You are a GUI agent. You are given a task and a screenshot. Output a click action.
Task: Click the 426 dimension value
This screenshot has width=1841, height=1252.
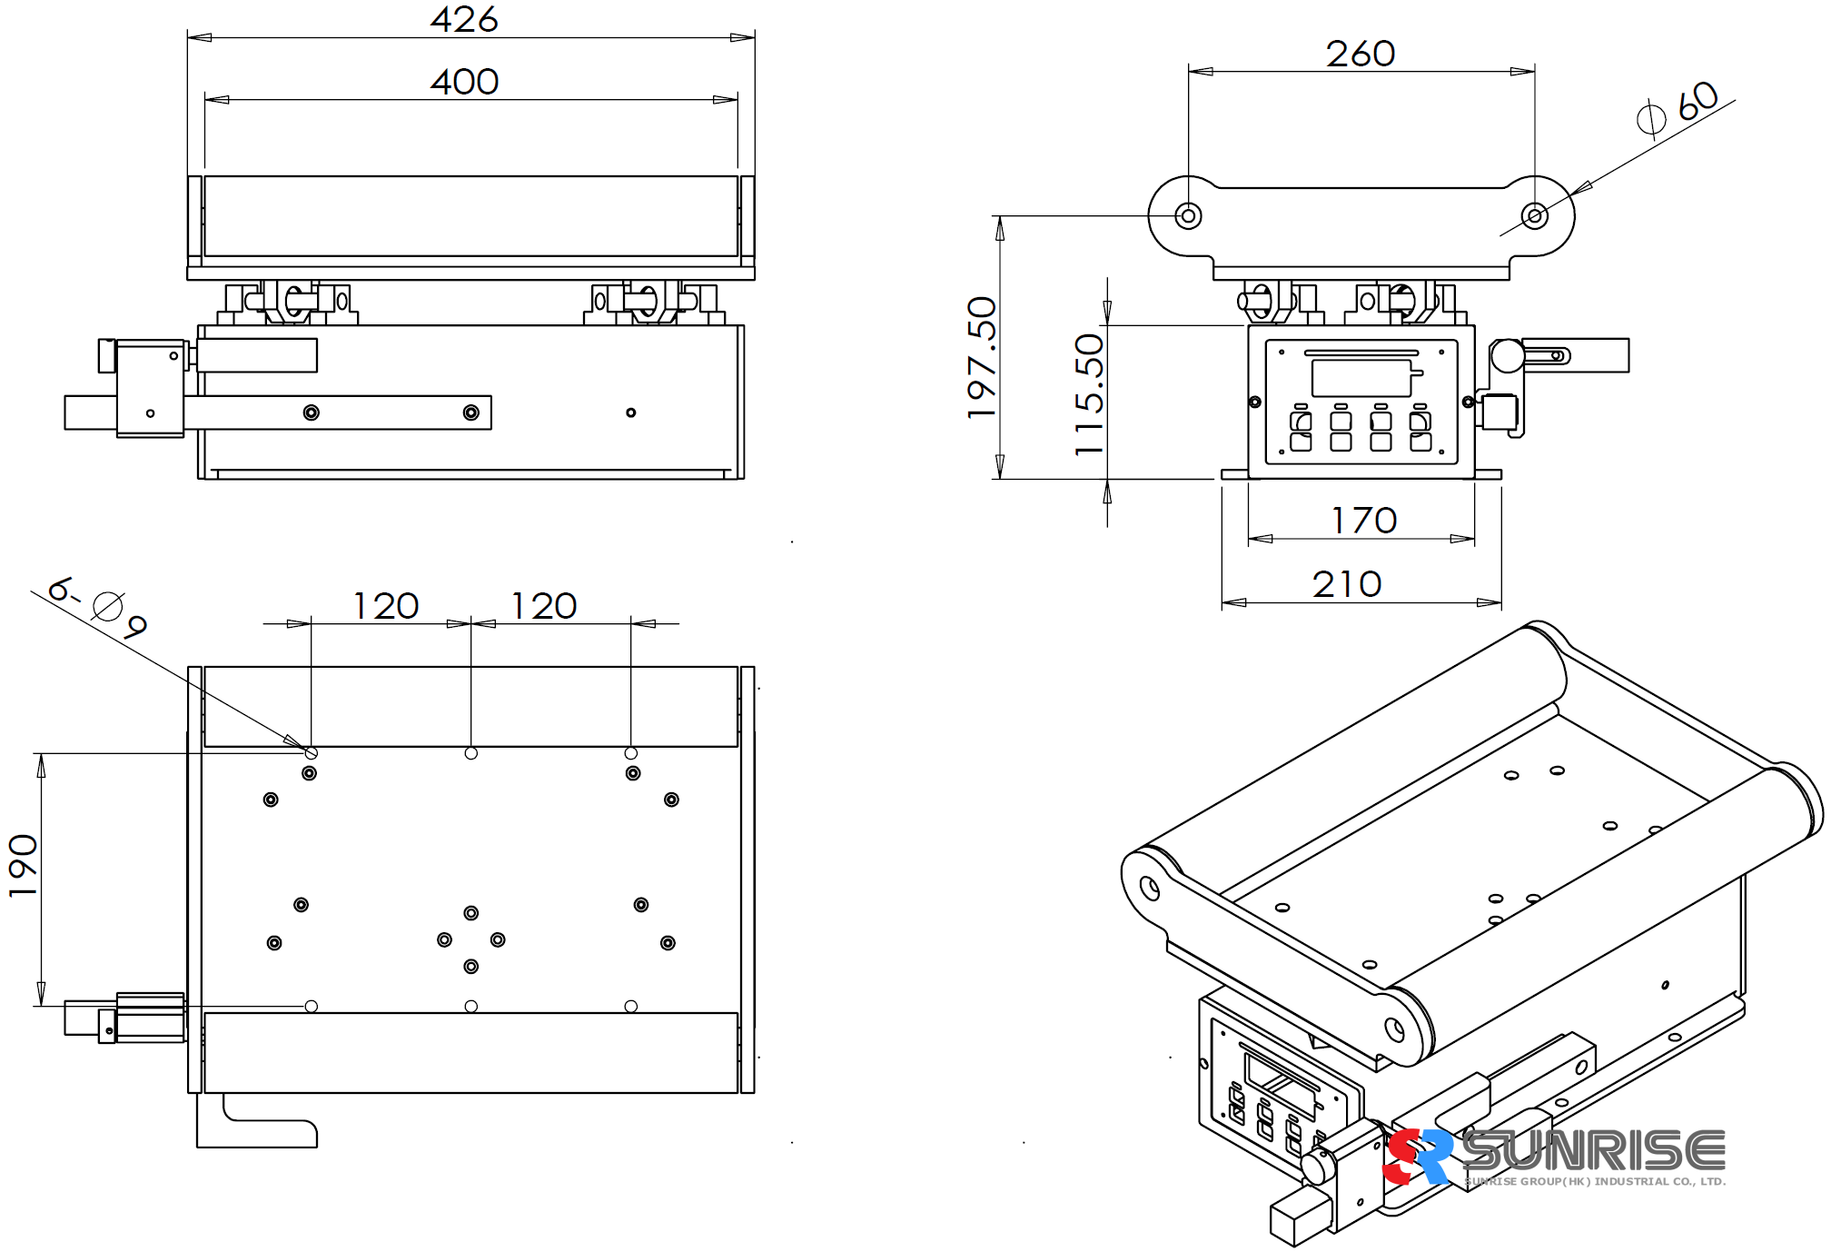[x=464, y=19]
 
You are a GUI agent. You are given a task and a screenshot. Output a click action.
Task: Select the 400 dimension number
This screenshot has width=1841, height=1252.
[x=464, y=82]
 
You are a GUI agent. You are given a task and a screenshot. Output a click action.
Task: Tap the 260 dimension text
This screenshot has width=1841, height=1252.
[x=1360, y=54]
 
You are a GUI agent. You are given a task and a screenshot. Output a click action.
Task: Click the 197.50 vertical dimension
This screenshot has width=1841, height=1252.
[x=982, y=357]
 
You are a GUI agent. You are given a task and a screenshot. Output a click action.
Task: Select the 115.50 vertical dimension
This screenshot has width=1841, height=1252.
[x=1089, y=394]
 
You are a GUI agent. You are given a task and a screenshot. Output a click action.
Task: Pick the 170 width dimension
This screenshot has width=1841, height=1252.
[x=1363, y=521]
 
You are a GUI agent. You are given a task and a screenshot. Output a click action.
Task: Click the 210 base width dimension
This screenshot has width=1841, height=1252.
[x=1347, y=584]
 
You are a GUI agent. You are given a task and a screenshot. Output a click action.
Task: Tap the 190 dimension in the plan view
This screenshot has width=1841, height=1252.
[x=23, y=866]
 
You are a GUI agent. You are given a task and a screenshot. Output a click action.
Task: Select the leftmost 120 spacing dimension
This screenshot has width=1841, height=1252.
[x=386, y=606]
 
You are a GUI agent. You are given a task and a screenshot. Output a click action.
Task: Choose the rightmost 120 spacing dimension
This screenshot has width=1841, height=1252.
[x=543, y=606]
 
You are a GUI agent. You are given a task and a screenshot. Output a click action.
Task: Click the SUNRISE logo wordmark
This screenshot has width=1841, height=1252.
[x=1595, y=1151]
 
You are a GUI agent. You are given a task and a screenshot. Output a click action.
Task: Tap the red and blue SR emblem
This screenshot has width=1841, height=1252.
[x=1416, y=1157]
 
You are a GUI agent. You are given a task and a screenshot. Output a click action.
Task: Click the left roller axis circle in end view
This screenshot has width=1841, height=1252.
[x=1188, y=216]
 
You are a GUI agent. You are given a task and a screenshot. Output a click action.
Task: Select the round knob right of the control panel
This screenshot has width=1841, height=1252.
[x=1507, y=355]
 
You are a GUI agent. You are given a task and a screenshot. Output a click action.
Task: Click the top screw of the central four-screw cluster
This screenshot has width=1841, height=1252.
[x=470, y=913]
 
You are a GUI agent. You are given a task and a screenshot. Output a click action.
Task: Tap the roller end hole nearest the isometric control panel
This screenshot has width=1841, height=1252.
[x=1394, y=1029]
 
